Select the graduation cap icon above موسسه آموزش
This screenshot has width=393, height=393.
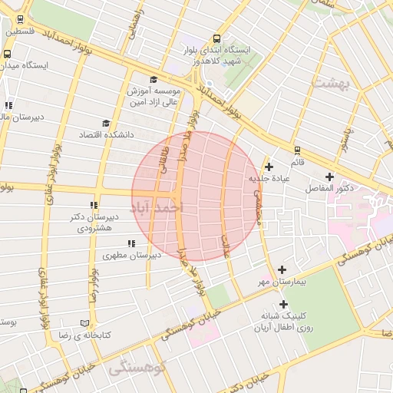coord(153,79)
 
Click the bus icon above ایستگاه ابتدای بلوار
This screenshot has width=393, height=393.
coord(217,38)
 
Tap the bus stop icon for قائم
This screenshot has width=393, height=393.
coord(296,150)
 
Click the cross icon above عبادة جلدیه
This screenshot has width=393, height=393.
coord(269,167)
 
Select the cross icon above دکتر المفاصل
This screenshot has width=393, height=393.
coord(330,176)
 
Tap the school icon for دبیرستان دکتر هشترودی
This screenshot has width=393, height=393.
coord(94,206)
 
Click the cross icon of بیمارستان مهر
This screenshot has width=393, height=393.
coord(282,269)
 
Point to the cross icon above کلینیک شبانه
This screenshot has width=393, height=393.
coord(284,304)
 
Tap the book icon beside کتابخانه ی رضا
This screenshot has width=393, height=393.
coord(84,323)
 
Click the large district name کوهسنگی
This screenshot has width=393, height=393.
coord(137,368)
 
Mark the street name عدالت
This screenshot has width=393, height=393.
coord(226,247)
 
